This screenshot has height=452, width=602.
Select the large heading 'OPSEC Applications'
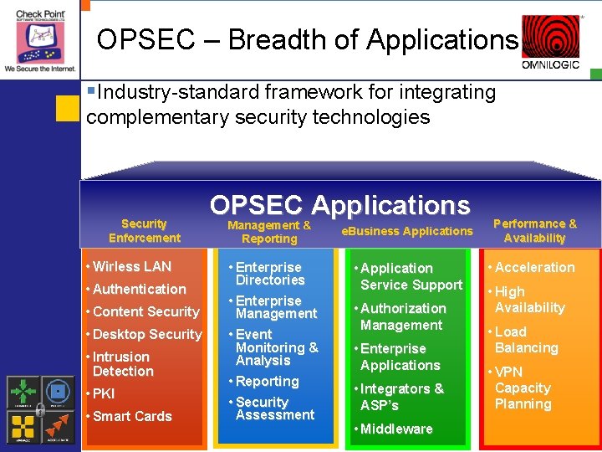tap(339, 204)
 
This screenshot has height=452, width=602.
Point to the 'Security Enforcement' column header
tap(144, 230)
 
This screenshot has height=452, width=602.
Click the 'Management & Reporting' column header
tap(269, 232)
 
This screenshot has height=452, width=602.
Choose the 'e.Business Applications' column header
tap(407, 231)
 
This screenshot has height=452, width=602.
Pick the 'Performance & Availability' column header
tap(534, 230)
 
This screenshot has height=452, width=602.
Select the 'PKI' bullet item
tap(104, 393)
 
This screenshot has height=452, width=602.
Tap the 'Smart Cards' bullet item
tap(131, 416)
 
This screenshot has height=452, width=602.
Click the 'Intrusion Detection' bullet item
tap(122, 364)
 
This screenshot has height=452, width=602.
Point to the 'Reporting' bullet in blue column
tap(267, 381)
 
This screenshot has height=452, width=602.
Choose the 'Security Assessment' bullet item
tap(274, 408)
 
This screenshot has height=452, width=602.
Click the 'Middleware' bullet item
tap(395, 429)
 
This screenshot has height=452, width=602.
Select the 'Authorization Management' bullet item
tap(402, 316)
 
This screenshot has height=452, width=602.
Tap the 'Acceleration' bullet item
tap(534, 267)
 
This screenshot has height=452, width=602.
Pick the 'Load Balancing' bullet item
tap(525, 340)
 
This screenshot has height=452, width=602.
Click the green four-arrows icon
tap(22, 392)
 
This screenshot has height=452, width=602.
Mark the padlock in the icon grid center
tap(39, 409)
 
